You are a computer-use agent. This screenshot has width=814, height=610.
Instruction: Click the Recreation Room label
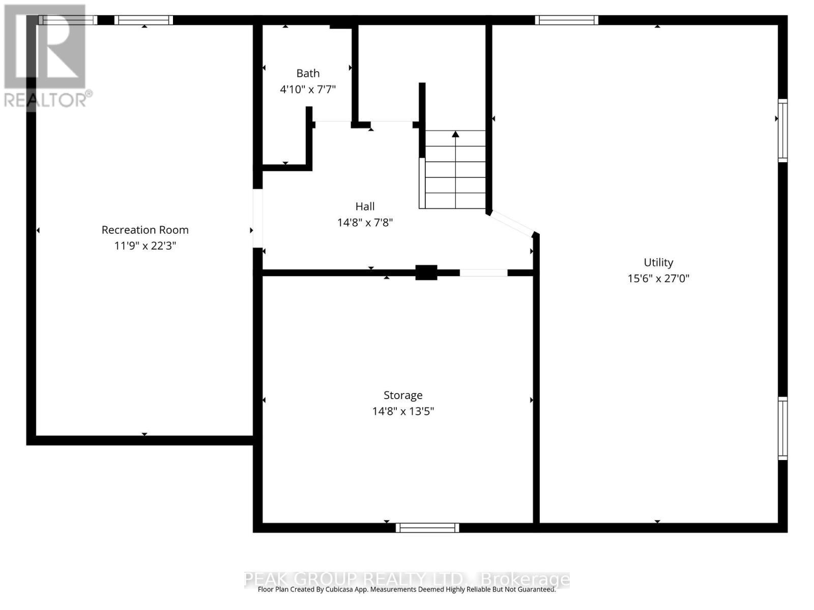pos(145,230)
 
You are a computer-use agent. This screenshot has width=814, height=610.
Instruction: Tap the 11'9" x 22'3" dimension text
pos(145,246)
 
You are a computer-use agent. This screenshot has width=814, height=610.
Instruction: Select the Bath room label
pos(308,73)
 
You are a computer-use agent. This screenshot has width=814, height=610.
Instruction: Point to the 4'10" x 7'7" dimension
pos(308,89)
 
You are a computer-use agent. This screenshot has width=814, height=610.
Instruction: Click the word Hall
pos(365,206)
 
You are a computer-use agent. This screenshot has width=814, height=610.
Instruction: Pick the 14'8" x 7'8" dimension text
pos(365,223)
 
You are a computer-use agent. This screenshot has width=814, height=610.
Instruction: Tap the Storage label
pos(403,395)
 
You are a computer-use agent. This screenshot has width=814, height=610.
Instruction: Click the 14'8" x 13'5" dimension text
pos(403,411)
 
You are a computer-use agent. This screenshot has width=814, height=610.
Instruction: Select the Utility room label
pos(658,262)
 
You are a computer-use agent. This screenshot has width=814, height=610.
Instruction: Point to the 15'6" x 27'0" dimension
pos(658,279)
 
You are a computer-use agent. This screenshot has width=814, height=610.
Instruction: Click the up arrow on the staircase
pos(455,134)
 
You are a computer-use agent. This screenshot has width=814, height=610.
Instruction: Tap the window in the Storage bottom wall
pos(427,528)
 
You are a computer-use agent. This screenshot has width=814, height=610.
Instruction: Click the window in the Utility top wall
pos(566,20)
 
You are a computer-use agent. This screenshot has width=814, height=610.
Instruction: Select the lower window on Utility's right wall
pos(782,429)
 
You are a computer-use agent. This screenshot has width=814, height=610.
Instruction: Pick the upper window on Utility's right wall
pos(782,131)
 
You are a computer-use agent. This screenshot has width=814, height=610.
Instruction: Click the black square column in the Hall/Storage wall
pos(426,272)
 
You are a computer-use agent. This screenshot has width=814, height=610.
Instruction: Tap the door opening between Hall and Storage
pos(483,273)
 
